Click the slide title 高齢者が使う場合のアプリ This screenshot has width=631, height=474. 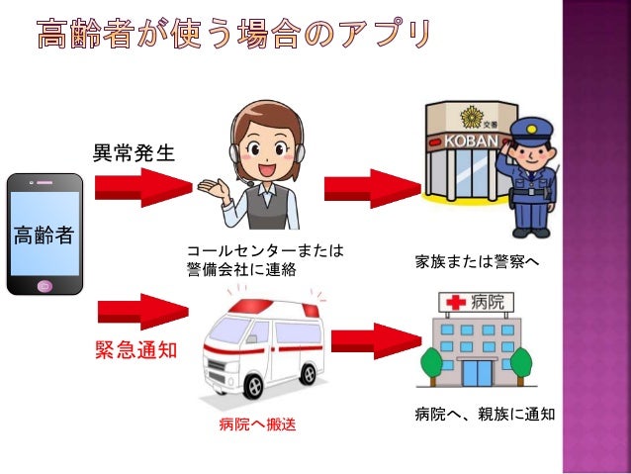pyautogui.click(x=233, y=37)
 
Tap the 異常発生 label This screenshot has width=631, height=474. pyautogui.click(x=134, y=153)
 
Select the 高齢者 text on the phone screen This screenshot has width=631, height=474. pyautogui.click(x=45, y=235)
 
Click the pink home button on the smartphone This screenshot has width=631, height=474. pyautogui.click(x=44, y=286)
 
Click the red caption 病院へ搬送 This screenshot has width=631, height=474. pyautogui.click(x=257, y=426)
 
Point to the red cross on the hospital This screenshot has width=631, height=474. pyautogui.click(x=457, y=300)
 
